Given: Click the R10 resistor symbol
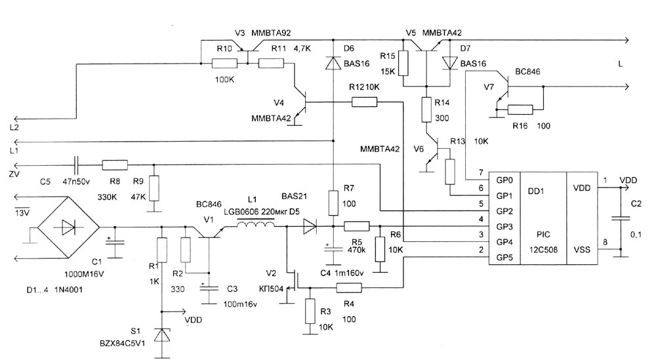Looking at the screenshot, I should point(224,64).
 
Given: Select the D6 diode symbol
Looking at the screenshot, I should point(333,64).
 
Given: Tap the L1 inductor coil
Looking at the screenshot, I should point(255,226).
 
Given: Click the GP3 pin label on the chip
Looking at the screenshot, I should point(504,227).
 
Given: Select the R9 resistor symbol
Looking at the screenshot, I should point(154,188).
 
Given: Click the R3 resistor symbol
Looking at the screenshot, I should point(308,312).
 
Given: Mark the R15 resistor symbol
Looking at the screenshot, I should point(403,64).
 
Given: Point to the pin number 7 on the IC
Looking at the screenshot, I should point(481,172).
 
